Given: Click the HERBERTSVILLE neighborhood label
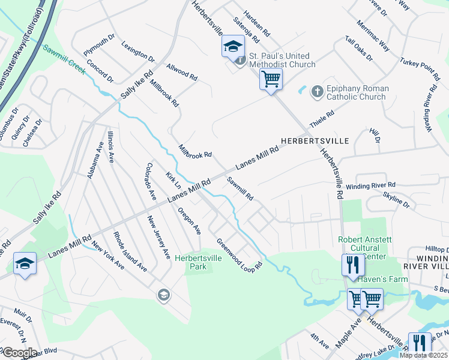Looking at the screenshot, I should pos(319,140).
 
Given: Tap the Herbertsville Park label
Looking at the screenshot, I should pos(198,262).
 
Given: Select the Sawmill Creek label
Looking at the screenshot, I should pos(64,55).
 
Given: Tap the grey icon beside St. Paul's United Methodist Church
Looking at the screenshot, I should pos(240,61).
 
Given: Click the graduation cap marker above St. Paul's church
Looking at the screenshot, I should pos(233,47).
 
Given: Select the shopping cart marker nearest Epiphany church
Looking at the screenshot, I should pos(271,78).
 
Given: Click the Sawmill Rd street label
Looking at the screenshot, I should pos(240,188).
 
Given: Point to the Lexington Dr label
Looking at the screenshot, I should pos(137,52).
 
